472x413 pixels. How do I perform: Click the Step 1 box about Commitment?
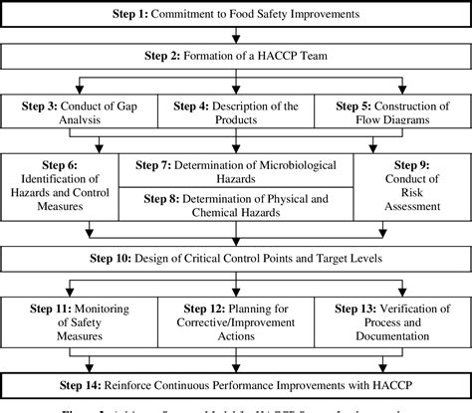tap(236, 16)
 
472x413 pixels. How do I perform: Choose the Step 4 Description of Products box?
tap(236, 113)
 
